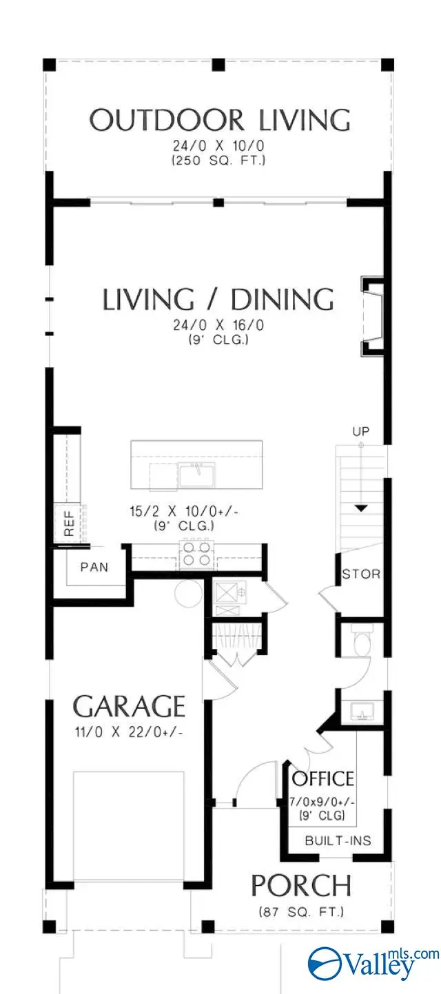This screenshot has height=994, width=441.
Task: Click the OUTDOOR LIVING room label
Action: point(220,120)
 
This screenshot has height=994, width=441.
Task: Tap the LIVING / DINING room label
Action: point(218,300)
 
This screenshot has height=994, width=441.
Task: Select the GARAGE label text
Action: point(130,707)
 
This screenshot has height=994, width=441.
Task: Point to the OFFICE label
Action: point(323,779)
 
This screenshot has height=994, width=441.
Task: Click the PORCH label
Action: point(301,885)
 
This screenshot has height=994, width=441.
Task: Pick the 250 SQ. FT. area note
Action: point(220,161)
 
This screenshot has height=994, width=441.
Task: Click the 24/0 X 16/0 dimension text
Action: point(217,327)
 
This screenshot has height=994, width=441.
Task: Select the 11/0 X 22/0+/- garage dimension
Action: point(130,732)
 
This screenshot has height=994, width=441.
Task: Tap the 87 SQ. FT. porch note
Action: point(301,912)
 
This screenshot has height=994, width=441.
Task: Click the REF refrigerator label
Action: point(69,523)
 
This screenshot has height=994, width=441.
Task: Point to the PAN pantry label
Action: point(94,568)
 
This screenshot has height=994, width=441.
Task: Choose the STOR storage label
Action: point(361,574)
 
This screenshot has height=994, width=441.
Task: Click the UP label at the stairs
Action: point(361,432)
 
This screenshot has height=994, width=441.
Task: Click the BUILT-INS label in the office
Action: point(338,840)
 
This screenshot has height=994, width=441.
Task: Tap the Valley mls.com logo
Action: point(372,962)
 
